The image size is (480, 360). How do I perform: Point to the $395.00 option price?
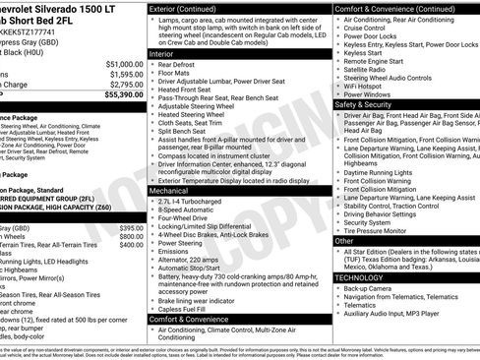(131, 227)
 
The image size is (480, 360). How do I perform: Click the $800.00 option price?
(131, 245)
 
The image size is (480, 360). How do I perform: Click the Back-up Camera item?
(368, 289)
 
